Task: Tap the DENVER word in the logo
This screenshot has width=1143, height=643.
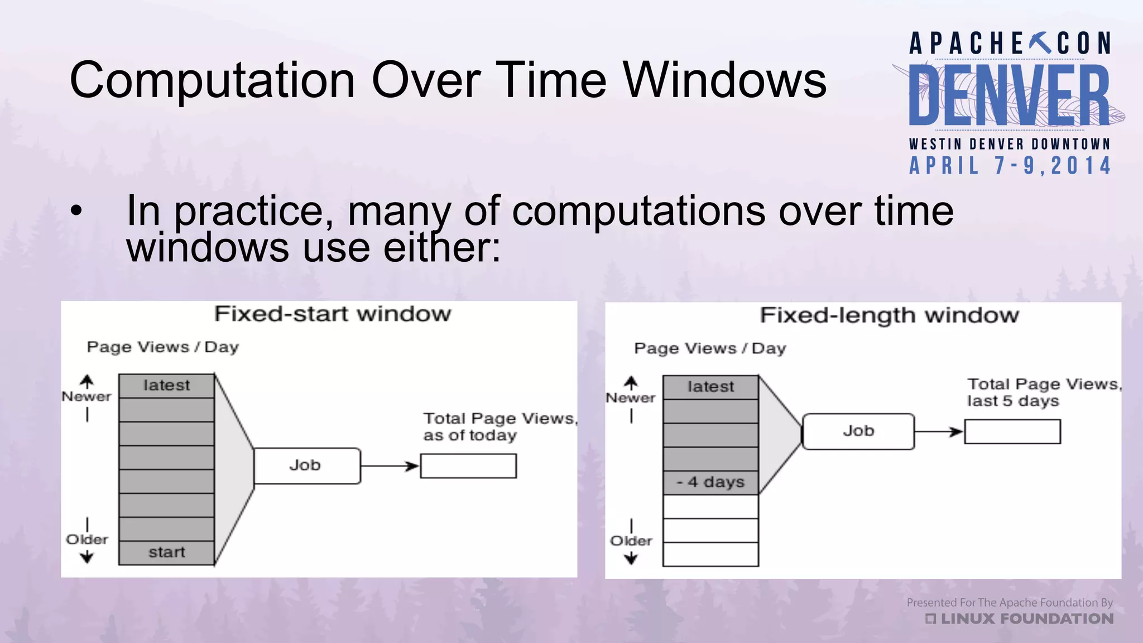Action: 1009,96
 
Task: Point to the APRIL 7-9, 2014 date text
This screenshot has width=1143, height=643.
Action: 1010,166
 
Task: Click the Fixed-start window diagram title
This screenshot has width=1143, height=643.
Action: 333,314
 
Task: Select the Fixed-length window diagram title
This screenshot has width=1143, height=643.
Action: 889,315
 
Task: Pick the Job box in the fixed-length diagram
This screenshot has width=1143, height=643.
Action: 858,431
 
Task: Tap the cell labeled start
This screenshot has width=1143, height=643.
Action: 166,553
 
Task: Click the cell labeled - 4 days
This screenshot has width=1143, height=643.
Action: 710,482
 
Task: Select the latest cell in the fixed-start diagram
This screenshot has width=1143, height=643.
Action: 166,386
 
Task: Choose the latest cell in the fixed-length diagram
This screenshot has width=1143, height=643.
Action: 710,387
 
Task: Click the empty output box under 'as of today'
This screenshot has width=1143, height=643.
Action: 468,466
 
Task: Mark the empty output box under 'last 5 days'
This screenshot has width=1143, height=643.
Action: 1012,431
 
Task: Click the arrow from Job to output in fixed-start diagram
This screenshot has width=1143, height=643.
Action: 390,466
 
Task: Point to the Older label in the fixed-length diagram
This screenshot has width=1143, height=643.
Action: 631,541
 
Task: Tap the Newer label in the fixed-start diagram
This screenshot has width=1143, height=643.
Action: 87,397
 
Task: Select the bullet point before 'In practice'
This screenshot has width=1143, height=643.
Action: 76,212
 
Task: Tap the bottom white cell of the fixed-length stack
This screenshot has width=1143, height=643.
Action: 710,554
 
